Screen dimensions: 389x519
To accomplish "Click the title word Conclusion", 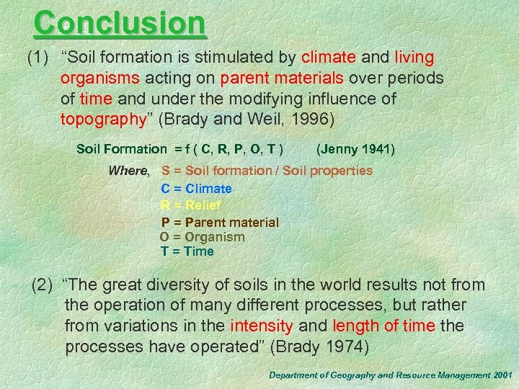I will tap(120, 23).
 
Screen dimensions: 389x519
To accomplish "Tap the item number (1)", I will tap(40, 58).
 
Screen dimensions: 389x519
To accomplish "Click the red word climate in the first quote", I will tap(329, 58).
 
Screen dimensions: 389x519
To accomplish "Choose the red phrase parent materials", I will tap(285, 78).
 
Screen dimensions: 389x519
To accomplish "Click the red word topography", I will tap(104, 118).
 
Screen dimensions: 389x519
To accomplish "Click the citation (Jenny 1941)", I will tap(355, 149).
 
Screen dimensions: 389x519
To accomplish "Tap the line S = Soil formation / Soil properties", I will tap(267, 171).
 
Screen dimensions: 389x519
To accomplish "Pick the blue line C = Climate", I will tap(196, 189).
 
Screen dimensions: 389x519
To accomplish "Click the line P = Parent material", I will tap(220, 223).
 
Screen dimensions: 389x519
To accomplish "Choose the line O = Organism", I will tap(202, 237).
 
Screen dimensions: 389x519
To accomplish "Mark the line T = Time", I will tap(187, 251).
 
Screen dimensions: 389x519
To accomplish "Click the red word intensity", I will tap(261, 326).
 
